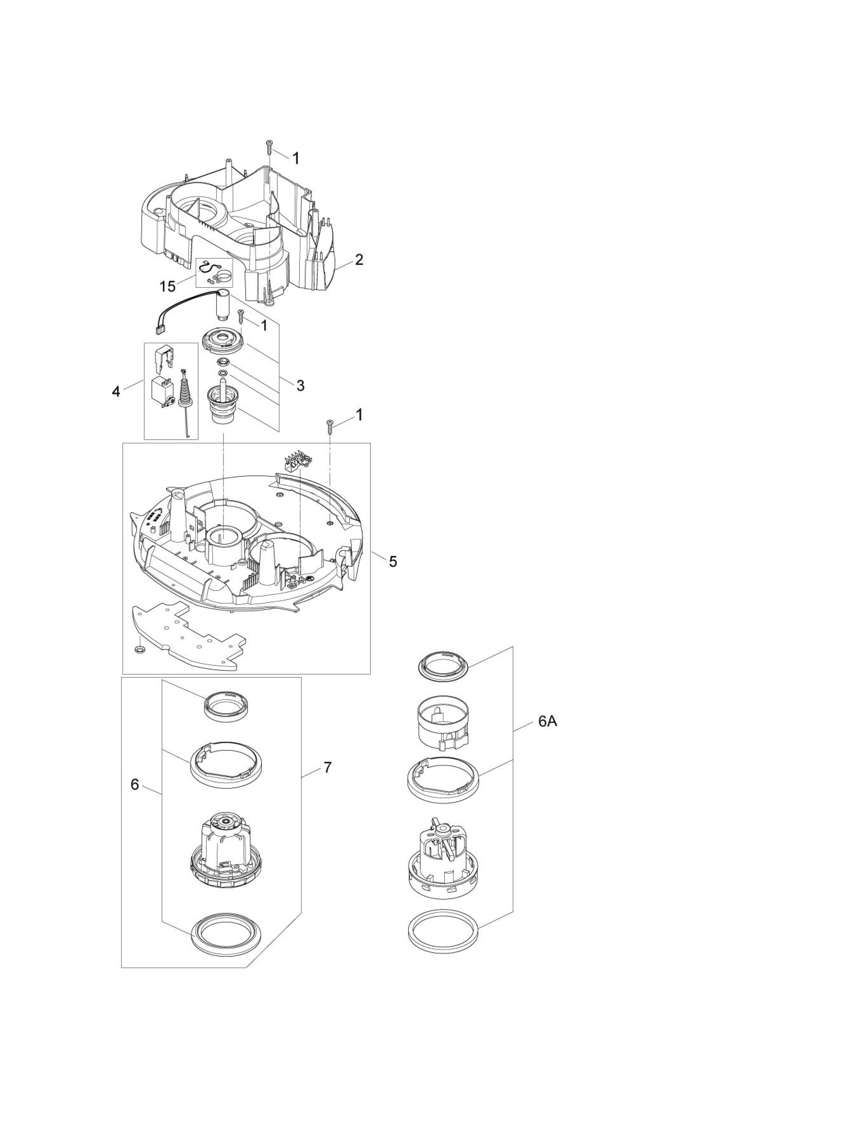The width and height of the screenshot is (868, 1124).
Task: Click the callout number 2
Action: (x=359, y=260)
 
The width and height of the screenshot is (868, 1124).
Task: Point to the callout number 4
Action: (x=116, y=392)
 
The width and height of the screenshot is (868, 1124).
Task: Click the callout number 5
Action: (x=392, y=561)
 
